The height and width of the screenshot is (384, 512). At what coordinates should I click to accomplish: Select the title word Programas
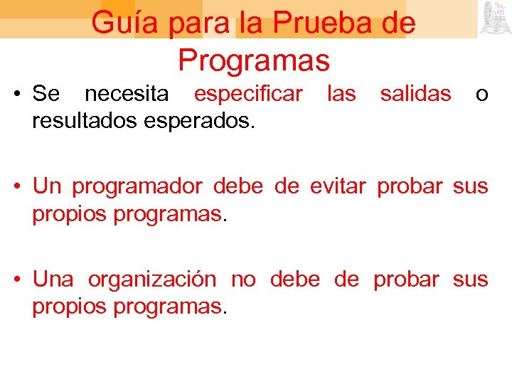(x=254, y=60)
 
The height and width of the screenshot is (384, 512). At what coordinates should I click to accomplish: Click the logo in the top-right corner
(x=496, y=18)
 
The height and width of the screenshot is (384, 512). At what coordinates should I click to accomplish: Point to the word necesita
(x=127, y=93)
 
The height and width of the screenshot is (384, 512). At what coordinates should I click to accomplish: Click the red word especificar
(x=248, y=93)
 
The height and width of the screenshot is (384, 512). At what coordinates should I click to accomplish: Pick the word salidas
(x=415, y=93)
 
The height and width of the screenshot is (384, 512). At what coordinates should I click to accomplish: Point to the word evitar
(x=338, y=186)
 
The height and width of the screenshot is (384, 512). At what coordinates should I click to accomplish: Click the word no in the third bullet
(x=243, y=279)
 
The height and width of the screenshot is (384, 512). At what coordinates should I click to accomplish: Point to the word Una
(x=53, y=279)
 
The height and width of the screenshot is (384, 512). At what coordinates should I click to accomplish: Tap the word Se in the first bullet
(x=47, y=93)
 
